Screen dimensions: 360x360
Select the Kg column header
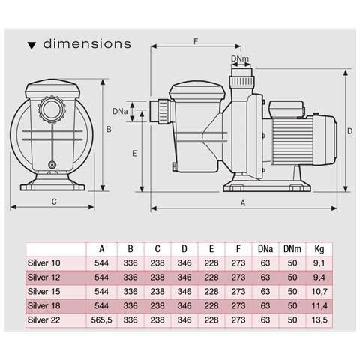319,248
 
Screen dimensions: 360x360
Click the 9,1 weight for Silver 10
319,262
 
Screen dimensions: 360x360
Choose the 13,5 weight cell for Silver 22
319,318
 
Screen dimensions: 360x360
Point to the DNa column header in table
264,248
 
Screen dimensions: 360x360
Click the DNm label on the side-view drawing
239,58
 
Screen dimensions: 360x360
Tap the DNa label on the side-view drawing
119,111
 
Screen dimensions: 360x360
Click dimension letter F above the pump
196,42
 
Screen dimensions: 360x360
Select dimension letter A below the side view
243,202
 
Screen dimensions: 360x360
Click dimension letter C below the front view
54,201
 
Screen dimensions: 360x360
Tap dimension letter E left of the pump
133,153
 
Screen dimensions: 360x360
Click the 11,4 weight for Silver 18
319,304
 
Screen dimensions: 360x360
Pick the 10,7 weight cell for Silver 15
319,290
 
